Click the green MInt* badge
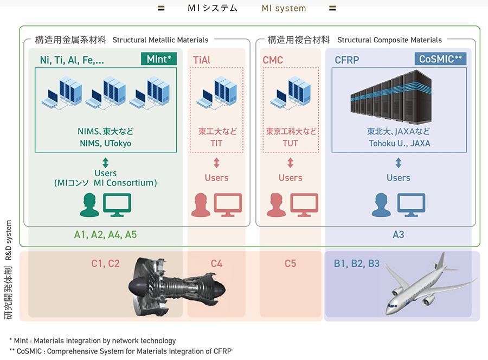(x=159, y=59)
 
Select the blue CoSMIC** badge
(x=440, y=59)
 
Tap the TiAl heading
(x=202, y=60)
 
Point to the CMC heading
(x=273, y=60)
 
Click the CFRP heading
(x=346, y=60)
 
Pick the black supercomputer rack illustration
(x=391, y=97)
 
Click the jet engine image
(x=177, y=287)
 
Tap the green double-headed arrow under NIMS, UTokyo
(x=106, y=163)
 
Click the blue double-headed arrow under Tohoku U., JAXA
(x=399, y=163)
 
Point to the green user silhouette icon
(x=89, y=205)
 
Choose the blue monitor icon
(x=411, y=205)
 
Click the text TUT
(x=290, y=144)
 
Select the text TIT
(x=216, y=144)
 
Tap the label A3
(x=399, y=235)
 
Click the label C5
(x=291, y=263)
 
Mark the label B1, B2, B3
(x=357, y=264)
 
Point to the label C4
(x=216, y=263)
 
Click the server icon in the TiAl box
(x=216, y=92)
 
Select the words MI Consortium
(x=125, y=183)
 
